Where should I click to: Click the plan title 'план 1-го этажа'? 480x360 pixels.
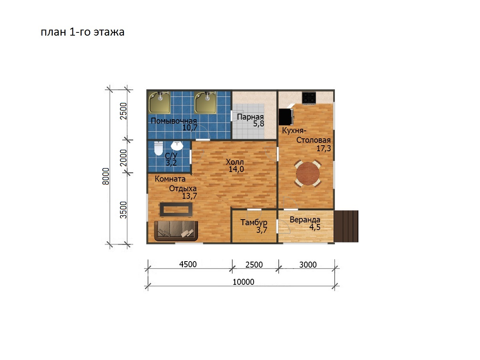click(x=83, y=32)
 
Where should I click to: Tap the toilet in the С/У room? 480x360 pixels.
click(x=158, y=148)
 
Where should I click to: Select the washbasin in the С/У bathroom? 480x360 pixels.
click(x=177, y=146)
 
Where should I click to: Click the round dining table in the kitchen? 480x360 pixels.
click(x=308, y=174)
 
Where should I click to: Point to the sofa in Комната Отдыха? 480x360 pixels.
click(x=176, y=231)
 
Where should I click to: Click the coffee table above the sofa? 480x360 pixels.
click(x=176, y=209)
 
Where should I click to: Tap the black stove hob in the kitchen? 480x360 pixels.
click(x=309, y=98)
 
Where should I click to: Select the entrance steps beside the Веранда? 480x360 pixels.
click(x=346, y=226)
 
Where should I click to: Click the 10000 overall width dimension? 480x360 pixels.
click(x=243, y=282)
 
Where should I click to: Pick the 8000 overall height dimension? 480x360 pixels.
click(x=106, y=176)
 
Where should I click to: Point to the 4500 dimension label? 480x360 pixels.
click(x=188, y=264)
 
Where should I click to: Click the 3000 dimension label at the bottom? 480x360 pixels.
click(x=308, y=265)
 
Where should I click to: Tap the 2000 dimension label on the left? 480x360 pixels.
click(x=124, y=158)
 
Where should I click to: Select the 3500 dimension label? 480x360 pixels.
click(x=124, y=210)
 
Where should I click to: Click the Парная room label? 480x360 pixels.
click(x=250, y=117)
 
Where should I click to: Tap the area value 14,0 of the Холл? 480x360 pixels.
click(x=236, y=169)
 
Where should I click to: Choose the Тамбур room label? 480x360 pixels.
click(x=254, y=222)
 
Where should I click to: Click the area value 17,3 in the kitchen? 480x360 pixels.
click(x=324, y=149)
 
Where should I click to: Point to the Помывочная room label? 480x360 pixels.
click(x=174, y=121)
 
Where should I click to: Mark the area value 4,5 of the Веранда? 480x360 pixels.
click(x=315, y=227)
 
